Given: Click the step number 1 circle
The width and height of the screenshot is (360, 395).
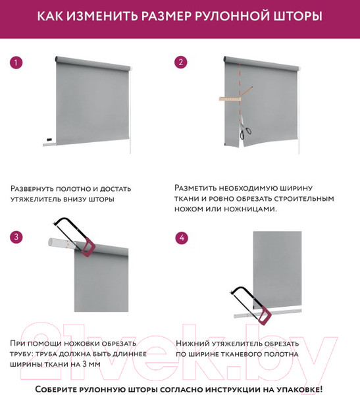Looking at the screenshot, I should tap(16, 63).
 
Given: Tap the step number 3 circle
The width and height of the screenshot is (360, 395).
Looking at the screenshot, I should tap(16, 237).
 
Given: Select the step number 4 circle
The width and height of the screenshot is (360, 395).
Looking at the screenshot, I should tap(181, 237).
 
